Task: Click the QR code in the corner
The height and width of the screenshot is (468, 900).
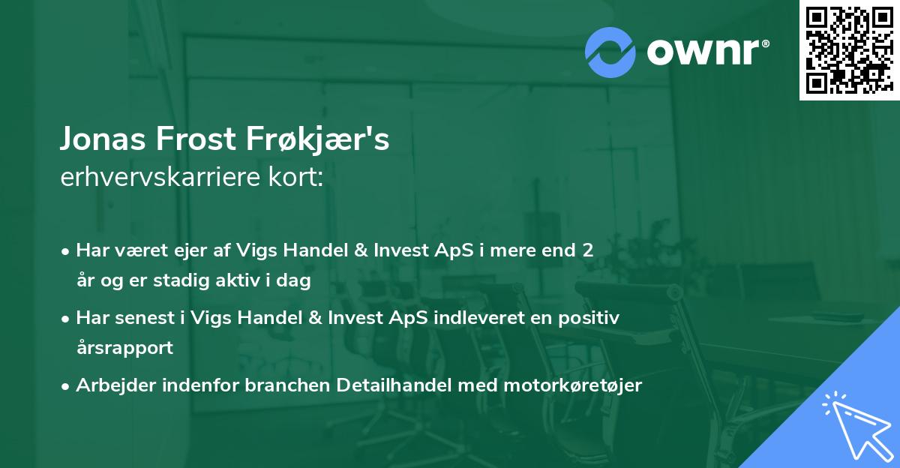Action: coord(849,50)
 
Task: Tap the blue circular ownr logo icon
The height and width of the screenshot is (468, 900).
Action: coord(610,52)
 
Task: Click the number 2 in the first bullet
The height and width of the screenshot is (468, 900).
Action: coord(588,250)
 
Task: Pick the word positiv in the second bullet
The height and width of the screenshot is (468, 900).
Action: coord(592,317)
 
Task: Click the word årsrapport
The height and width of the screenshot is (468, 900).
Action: coord(124,348)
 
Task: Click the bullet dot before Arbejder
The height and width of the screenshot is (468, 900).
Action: coord(67,385)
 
